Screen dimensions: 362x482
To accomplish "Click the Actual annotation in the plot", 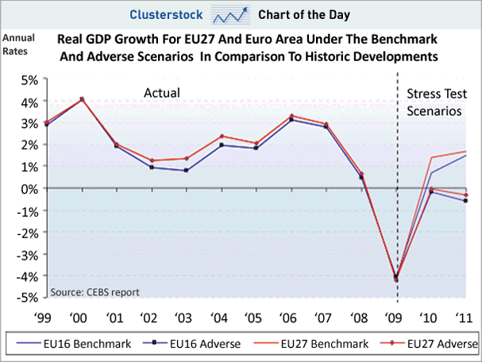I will [161, 93].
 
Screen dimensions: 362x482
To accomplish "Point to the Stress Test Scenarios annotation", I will [434, 102].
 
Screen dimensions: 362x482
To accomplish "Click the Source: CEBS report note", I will [94, 291].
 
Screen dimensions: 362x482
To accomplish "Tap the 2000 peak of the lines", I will [82, 99].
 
